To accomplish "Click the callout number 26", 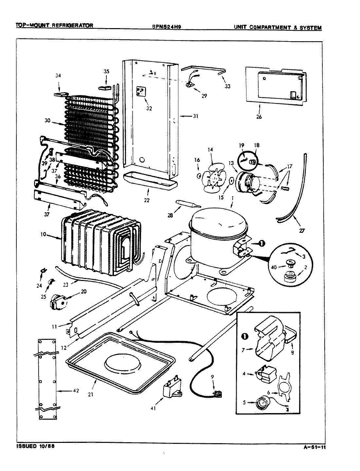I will click(x=259, y=117).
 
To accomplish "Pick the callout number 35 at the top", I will click(x=107, y=72).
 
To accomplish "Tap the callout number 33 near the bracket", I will click(x=227, y=86).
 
